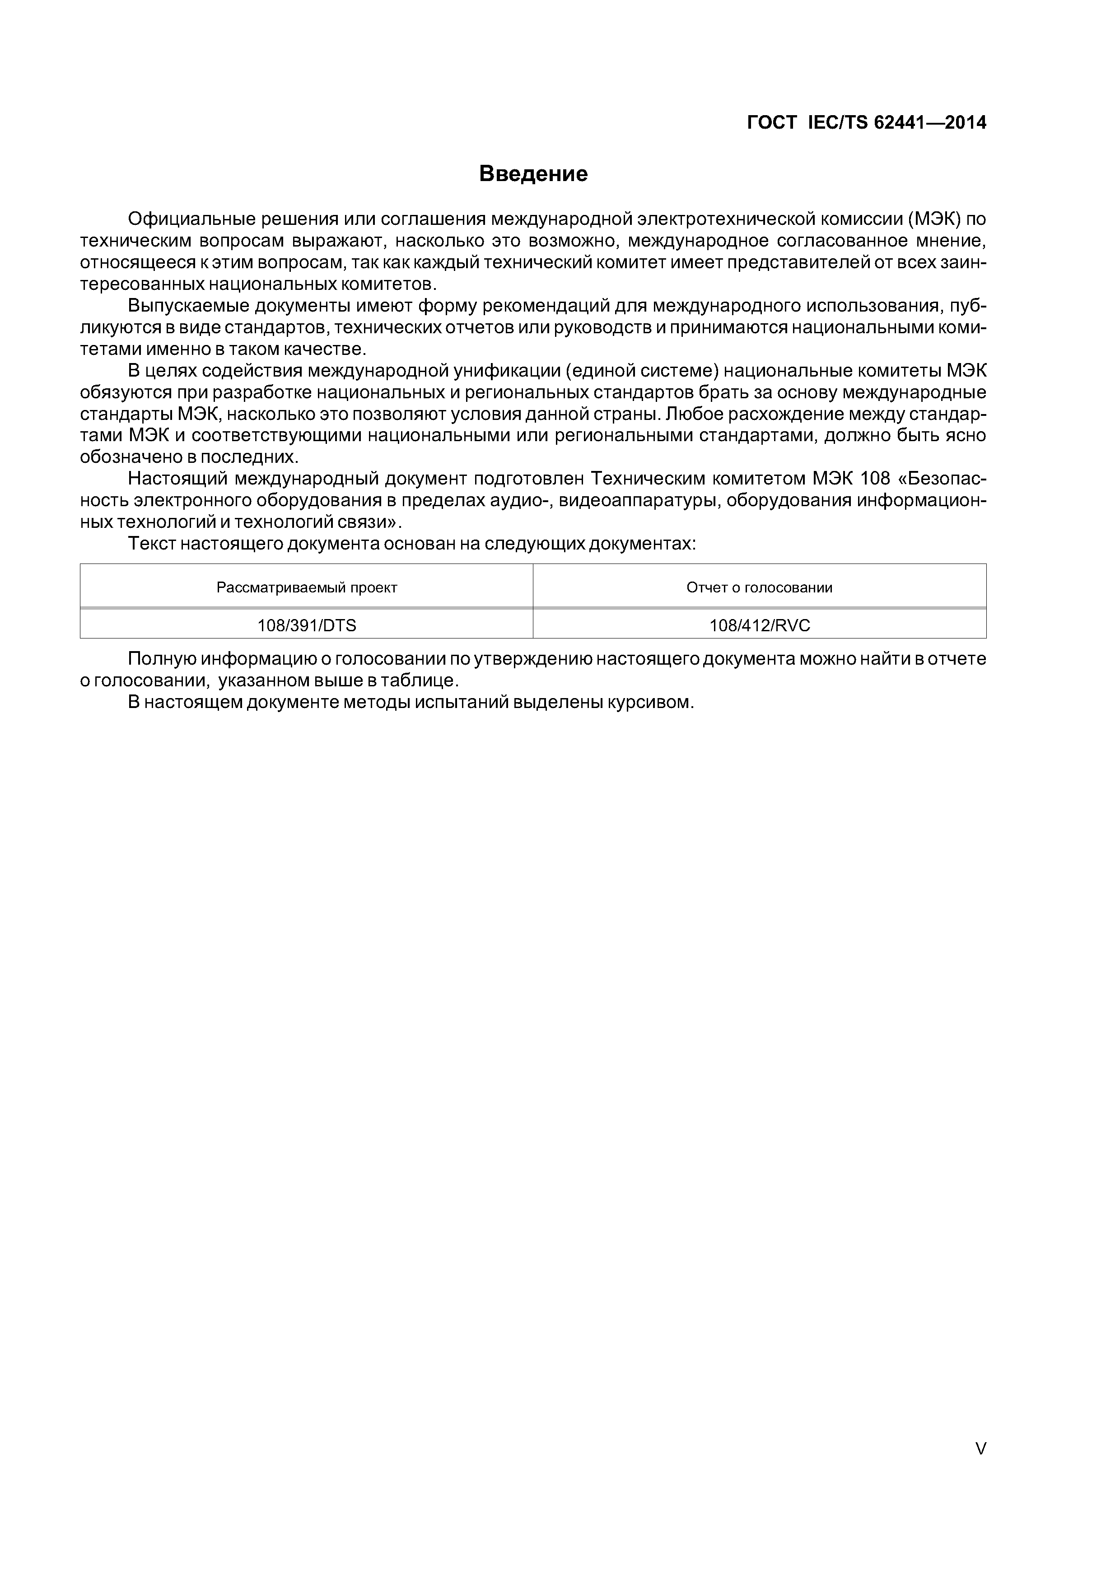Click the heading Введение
pyautogui.click(x=533, y=174)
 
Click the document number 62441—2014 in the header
pyautogui.click(x=929, y=123)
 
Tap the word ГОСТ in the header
pyautogui.click(x=772, y=123)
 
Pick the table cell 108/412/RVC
pyautogui.click(x=760, y=625)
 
